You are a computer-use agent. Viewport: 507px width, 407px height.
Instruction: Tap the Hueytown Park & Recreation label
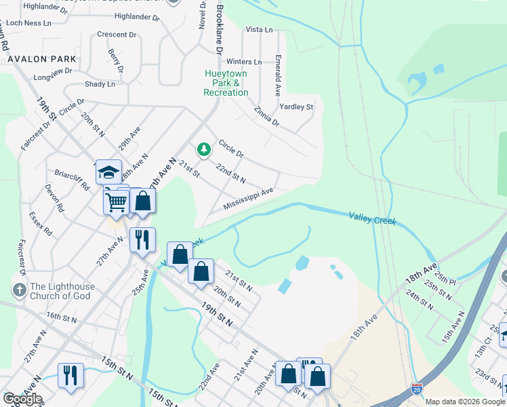point(226,83)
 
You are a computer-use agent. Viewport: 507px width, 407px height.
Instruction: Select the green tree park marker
point(203,149)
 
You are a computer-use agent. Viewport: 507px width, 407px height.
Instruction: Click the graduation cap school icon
point(108,173)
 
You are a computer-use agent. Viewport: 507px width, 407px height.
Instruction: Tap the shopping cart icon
point(117,201)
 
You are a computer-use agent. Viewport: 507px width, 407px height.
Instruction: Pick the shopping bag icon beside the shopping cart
point(143,201)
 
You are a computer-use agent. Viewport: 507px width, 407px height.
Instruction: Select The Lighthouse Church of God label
point(62,291)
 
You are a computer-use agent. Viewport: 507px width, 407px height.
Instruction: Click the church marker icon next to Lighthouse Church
point(18,290)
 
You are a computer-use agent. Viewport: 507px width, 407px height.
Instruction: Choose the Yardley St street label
point(296,107)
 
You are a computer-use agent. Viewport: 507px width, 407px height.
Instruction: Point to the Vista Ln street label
point(259,30)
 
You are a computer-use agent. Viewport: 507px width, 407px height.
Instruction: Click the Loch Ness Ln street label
point(28,22)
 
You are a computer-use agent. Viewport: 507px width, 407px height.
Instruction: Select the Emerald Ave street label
point(278,75)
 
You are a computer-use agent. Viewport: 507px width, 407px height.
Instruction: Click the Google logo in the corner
point(22,399)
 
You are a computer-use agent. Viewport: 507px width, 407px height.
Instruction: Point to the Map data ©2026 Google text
point(465,402)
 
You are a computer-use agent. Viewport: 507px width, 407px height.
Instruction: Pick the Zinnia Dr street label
point(266,116)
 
